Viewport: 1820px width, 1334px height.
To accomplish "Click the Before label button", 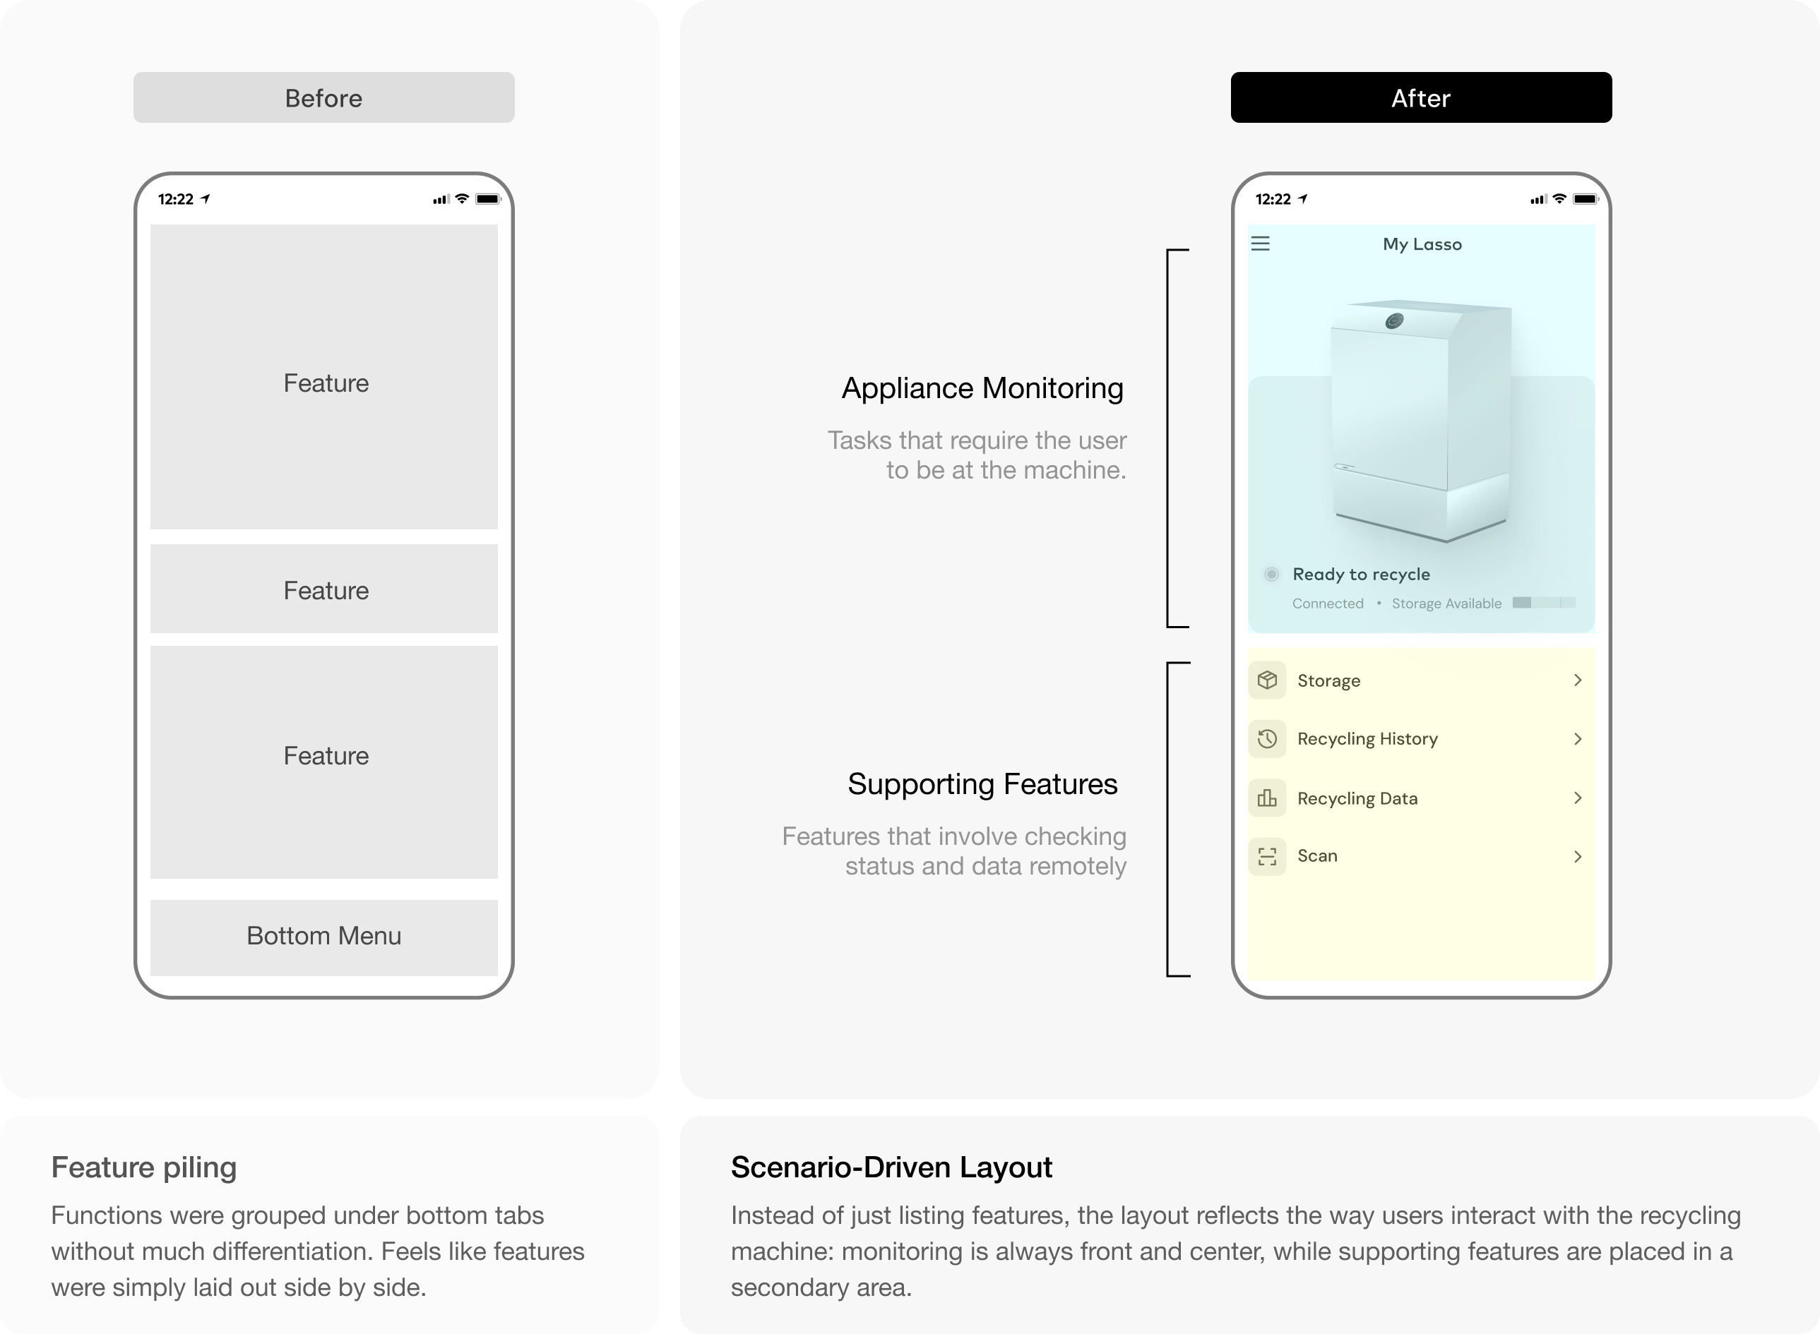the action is click(x=324, y=97).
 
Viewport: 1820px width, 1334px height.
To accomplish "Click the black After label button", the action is click(x=1421, y=97).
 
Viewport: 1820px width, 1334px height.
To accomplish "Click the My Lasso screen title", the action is click(x=1422, y=244).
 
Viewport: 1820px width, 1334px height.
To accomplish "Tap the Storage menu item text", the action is click(x=1329, y=680).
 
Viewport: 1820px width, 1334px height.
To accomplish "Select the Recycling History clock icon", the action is click(x=1268, y=738).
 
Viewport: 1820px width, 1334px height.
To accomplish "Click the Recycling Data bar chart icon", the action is click(x=1268, y=798).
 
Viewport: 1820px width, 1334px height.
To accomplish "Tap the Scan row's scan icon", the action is click(x=1268, y=856).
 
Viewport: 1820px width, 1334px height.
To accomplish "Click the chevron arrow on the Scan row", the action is click(x=1578, y=856).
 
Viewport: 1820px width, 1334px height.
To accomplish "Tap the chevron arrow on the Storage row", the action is click(x=1578, y=680).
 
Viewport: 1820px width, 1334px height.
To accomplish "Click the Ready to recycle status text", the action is click(x=1361, y=574).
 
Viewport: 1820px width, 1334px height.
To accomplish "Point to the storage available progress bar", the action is click(x=1544, y=602).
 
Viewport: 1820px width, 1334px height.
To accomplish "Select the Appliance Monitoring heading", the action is click(x=982, y=388).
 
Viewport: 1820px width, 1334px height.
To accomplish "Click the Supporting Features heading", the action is click(x=982, y=784).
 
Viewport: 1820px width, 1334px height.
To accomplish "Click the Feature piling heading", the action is click(x=144, y=1167).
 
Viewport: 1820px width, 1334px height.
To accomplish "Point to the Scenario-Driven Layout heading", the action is click(x=892, y=1167).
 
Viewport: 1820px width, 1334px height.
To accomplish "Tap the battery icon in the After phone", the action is click(x=1586, y=198).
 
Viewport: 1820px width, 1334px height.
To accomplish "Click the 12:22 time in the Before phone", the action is click(x=175, y=198).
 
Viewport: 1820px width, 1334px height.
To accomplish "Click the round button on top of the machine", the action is click(x=1394, y=321).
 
